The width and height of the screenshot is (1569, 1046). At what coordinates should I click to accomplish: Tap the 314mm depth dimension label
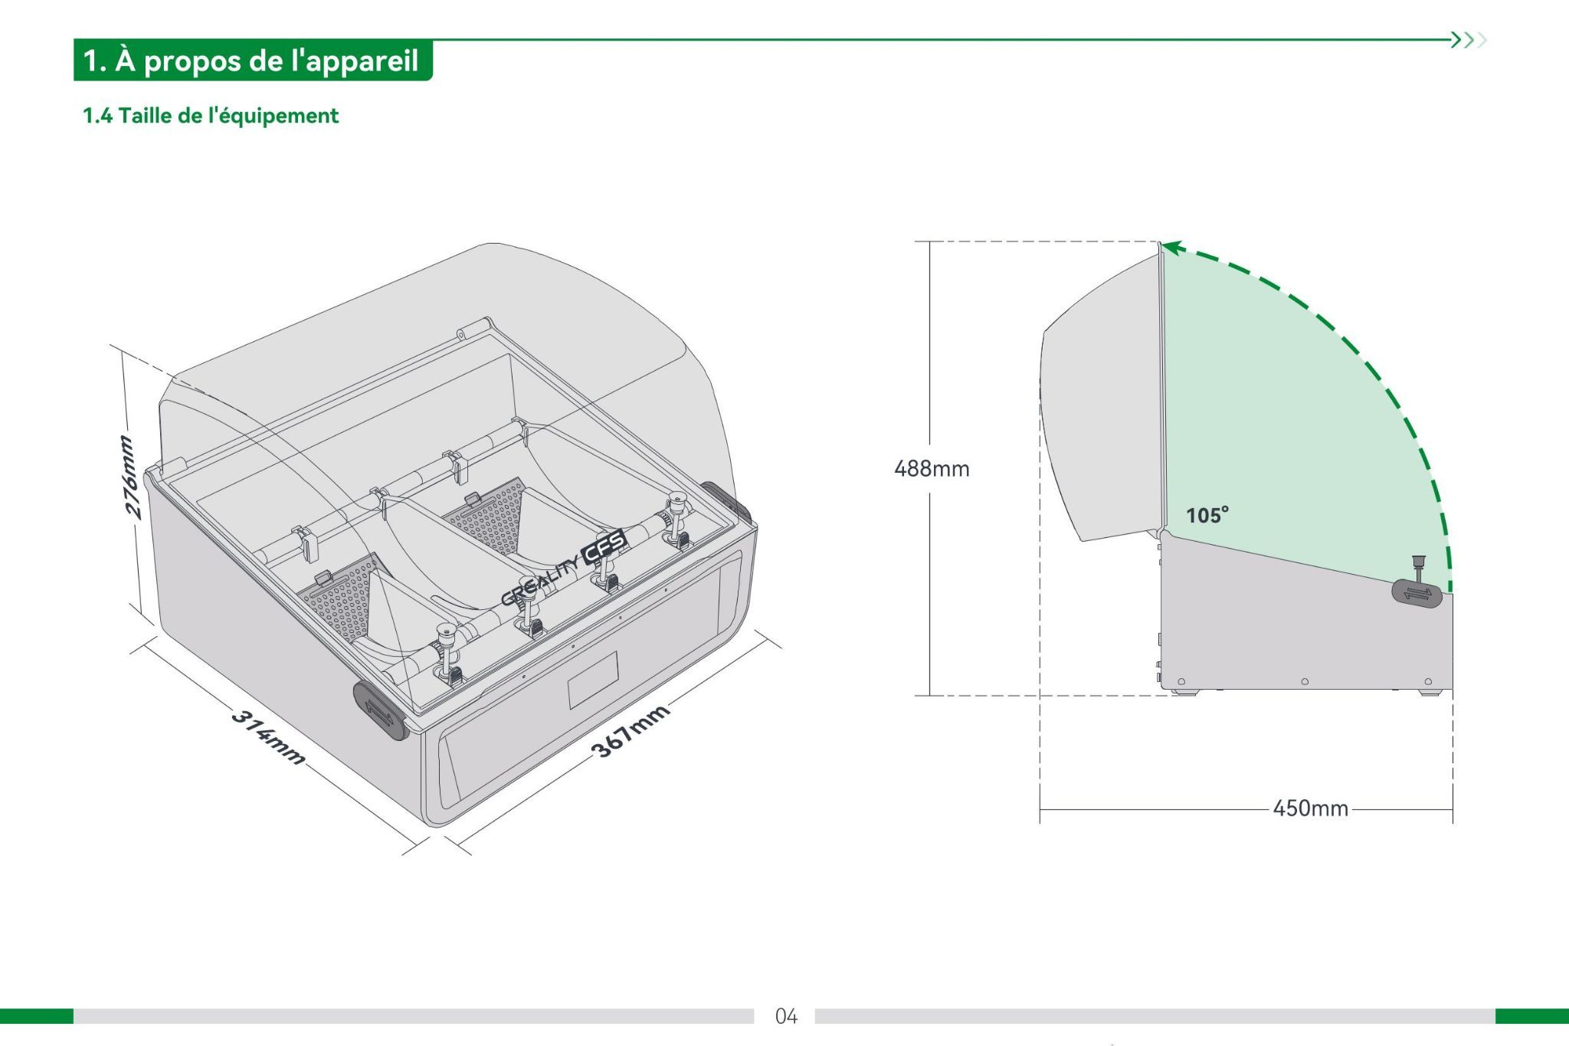pos(267,737)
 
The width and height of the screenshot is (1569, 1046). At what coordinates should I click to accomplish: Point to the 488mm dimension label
pos(932,468)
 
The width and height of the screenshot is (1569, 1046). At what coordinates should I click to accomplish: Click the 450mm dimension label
pos(1310,808)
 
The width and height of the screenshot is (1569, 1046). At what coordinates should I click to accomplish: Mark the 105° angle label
pos(1207,515)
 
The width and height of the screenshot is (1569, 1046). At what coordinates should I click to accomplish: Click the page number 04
pos(786,1016)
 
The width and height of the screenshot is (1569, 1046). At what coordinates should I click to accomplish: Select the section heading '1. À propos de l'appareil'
pos(251,61)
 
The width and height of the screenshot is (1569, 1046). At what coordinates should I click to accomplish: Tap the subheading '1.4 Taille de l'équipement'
pos(211,116)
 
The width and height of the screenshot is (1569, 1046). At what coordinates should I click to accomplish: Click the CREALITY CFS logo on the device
pos(565,568)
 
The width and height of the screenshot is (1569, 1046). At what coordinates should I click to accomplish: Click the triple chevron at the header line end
pos(1469,40)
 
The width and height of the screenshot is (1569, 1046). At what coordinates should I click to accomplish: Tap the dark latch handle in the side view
pos(1417,593)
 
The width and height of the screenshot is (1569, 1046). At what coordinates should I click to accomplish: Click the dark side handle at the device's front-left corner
pos(379,710)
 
